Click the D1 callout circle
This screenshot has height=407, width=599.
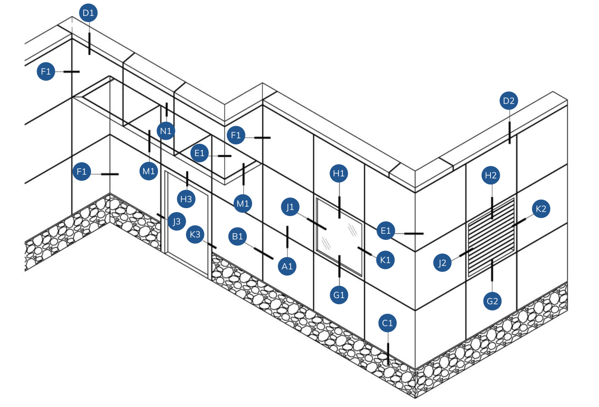pos(89,13)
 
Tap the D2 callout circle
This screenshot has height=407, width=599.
pos(509,101)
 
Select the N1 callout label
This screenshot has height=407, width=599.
pos(166,131)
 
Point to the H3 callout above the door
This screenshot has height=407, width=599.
pos(186,199)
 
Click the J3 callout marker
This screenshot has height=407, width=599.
pos(177,221)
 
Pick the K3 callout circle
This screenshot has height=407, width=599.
pos(195,235)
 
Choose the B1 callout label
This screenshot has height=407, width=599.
pos(238,237)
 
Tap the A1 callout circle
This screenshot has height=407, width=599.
pos(287,266)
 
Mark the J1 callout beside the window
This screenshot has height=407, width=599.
pos(290,207)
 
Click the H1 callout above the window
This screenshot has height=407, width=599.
pos(339,174)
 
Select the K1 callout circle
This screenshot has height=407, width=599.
pos(385,260)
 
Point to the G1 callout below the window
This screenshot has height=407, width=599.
pos(339,295)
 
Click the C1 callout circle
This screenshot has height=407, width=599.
pos(387,323)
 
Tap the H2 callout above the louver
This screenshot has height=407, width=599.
pos(491,175)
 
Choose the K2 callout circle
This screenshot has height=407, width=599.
pos(541,209)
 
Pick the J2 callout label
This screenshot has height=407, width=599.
pos(442,263)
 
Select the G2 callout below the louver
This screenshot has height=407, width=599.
pos(492,302)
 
